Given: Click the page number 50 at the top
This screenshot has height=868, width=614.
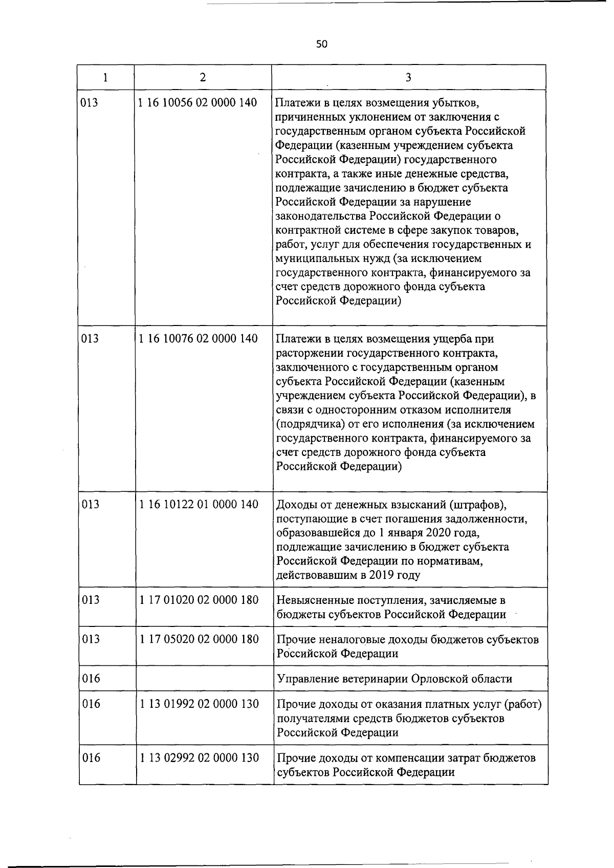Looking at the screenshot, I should [321, 45].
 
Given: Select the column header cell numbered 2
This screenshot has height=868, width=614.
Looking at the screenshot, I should [203, 77].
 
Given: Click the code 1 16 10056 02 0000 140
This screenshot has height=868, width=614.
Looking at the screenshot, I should [198, 102].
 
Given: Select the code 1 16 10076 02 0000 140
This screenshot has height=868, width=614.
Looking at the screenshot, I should [198, 339].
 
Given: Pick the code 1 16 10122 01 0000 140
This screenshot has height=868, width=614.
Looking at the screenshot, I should [199, 505].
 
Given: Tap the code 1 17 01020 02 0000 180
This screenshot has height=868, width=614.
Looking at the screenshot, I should [199, 600].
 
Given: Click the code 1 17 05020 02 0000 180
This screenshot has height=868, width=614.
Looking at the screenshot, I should [199, 639].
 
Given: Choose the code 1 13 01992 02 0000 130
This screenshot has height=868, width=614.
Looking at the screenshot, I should [199, 704].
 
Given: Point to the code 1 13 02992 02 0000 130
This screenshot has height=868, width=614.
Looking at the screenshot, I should [199, 758].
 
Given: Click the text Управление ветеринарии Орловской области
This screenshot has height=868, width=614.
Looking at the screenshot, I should [394, 679].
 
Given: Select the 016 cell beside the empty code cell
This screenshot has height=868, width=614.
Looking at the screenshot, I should [91, 679].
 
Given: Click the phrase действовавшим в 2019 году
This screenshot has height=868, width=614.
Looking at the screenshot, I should [348, 575].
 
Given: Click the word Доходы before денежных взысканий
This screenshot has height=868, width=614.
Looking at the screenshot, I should [294, 505].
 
